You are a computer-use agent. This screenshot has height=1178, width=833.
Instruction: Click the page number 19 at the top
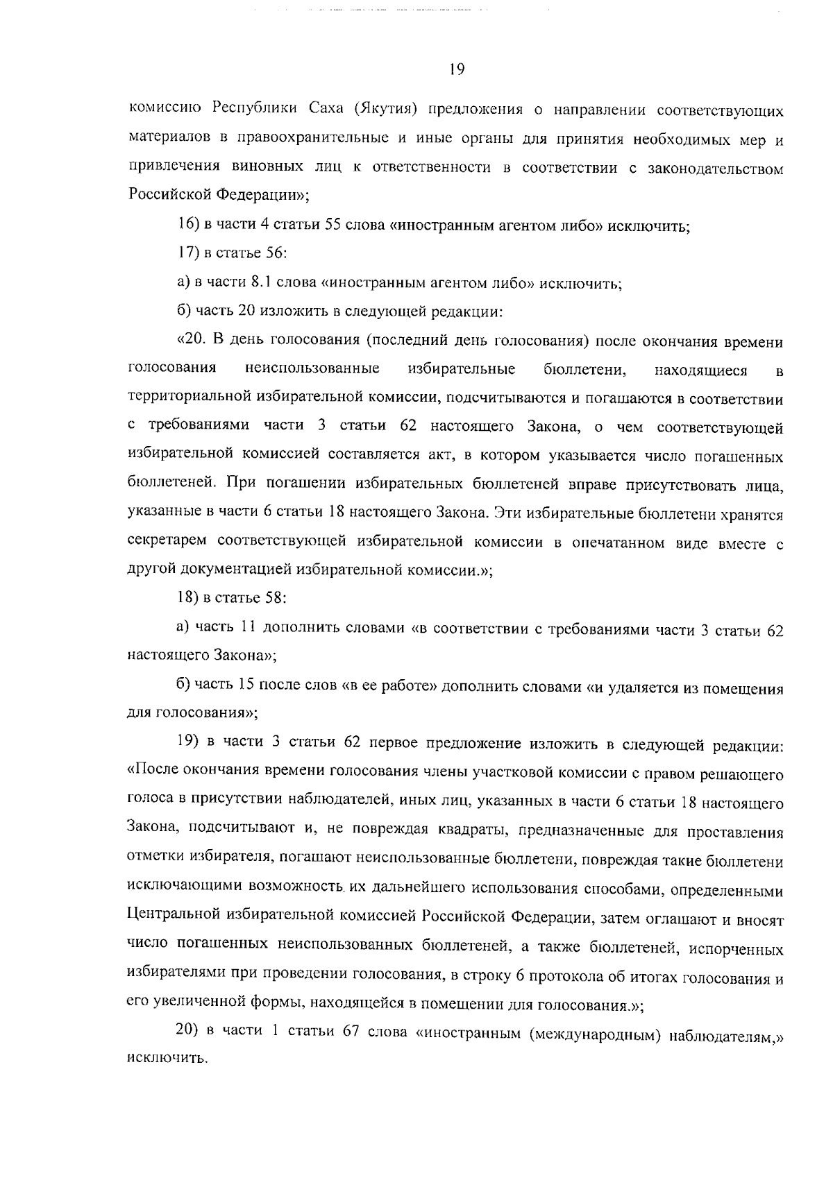click(x=456, y=69)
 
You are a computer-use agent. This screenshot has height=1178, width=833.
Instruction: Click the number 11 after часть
click(x=249, y=628)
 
